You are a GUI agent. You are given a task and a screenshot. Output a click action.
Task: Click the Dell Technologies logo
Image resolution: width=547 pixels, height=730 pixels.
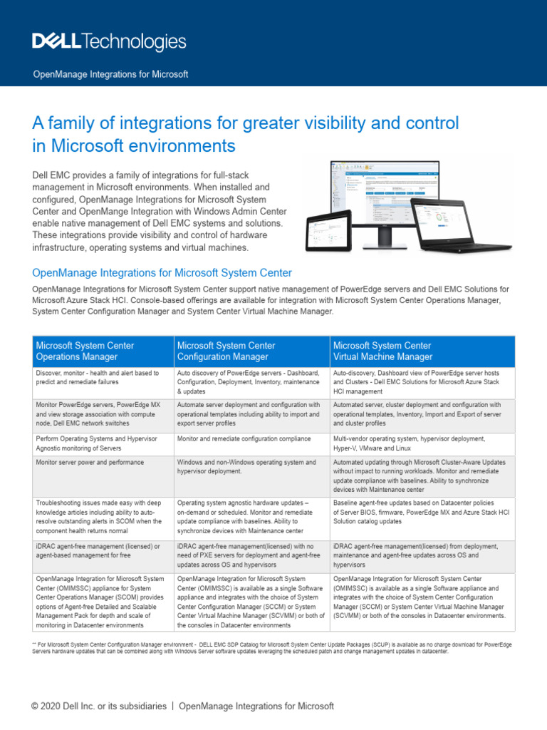(x=109, y=42)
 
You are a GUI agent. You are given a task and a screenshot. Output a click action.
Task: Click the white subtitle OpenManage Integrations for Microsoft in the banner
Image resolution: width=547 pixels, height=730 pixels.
(x=111, y=74)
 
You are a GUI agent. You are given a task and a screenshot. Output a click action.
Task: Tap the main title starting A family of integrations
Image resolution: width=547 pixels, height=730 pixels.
(x=246, y=134)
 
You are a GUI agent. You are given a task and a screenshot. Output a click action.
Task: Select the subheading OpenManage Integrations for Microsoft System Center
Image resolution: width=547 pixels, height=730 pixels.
(x=162, y=272)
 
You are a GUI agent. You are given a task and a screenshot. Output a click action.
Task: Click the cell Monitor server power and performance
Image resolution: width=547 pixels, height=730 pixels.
(x=90, y=463)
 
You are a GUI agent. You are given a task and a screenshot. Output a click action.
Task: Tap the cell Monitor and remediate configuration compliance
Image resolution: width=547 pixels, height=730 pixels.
(x=244, y=438)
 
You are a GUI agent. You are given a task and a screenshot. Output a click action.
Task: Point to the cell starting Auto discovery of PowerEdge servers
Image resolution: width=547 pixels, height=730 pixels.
(x=252, y=382)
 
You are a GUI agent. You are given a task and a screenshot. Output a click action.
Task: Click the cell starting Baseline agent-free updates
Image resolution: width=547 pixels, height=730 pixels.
(x=421, y=511)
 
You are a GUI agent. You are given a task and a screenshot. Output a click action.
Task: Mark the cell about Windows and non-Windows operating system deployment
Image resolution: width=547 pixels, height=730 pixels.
(x=246, y=467)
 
